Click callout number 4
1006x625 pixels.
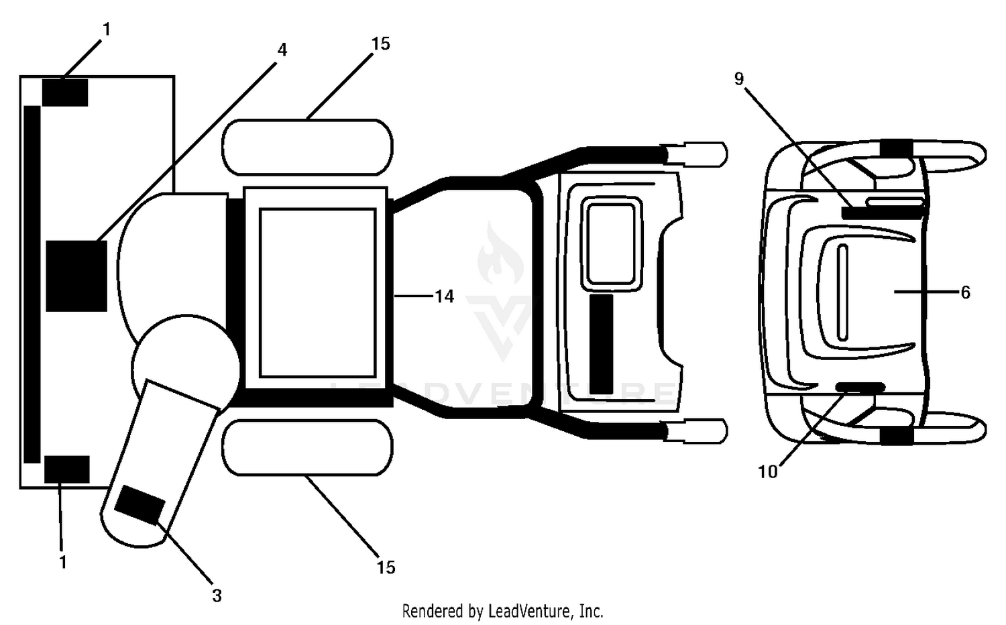point(282,50)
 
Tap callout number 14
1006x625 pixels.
point(444,296)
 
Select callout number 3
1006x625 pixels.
point(217,595)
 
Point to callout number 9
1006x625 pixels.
point(739,79)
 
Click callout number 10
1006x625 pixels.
point(767,471)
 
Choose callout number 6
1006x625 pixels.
point(965,293)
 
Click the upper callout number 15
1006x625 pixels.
point(380,44)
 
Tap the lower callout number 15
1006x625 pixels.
point(386,567)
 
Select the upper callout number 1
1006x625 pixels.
point(106,30)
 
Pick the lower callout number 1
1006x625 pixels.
point(63,562)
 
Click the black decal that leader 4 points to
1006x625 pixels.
point(76,276)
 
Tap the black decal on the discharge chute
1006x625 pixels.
point(139,505)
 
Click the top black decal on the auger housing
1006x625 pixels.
point(64,93)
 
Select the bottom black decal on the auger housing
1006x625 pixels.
point(67,469)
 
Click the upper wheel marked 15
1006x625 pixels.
point(308,148)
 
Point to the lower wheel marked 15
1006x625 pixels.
point(308,448)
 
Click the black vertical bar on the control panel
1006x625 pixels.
point(602,345)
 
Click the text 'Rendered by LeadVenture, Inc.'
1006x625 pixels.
point(502,611)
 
